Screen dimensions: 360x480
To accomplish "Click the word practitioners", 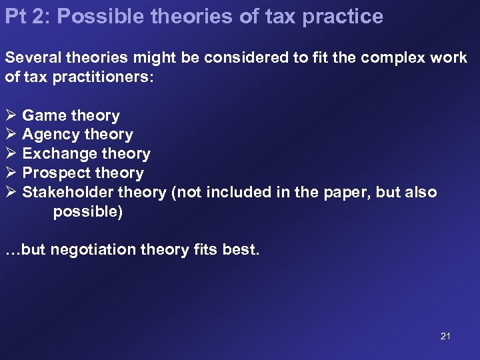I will click(95, 77).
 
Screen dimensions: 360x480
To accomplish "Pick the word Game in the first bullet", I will click(44, 115).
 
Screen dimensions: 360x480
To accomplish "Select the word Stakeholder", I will click(68, 193).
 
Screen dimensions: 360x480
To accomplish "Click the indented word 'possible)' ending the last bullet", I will click(88, 212).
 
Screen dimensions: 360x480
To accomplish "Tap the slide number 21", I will click(445, 336).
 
